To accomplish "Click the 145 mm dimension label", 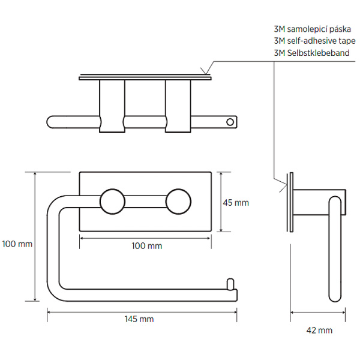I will [139, 319].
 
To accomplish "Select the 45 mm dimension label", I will [236, 203].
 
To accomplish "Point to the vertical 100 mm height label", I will [17, 244].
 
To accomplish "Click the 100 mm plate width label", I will [146, 246].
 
